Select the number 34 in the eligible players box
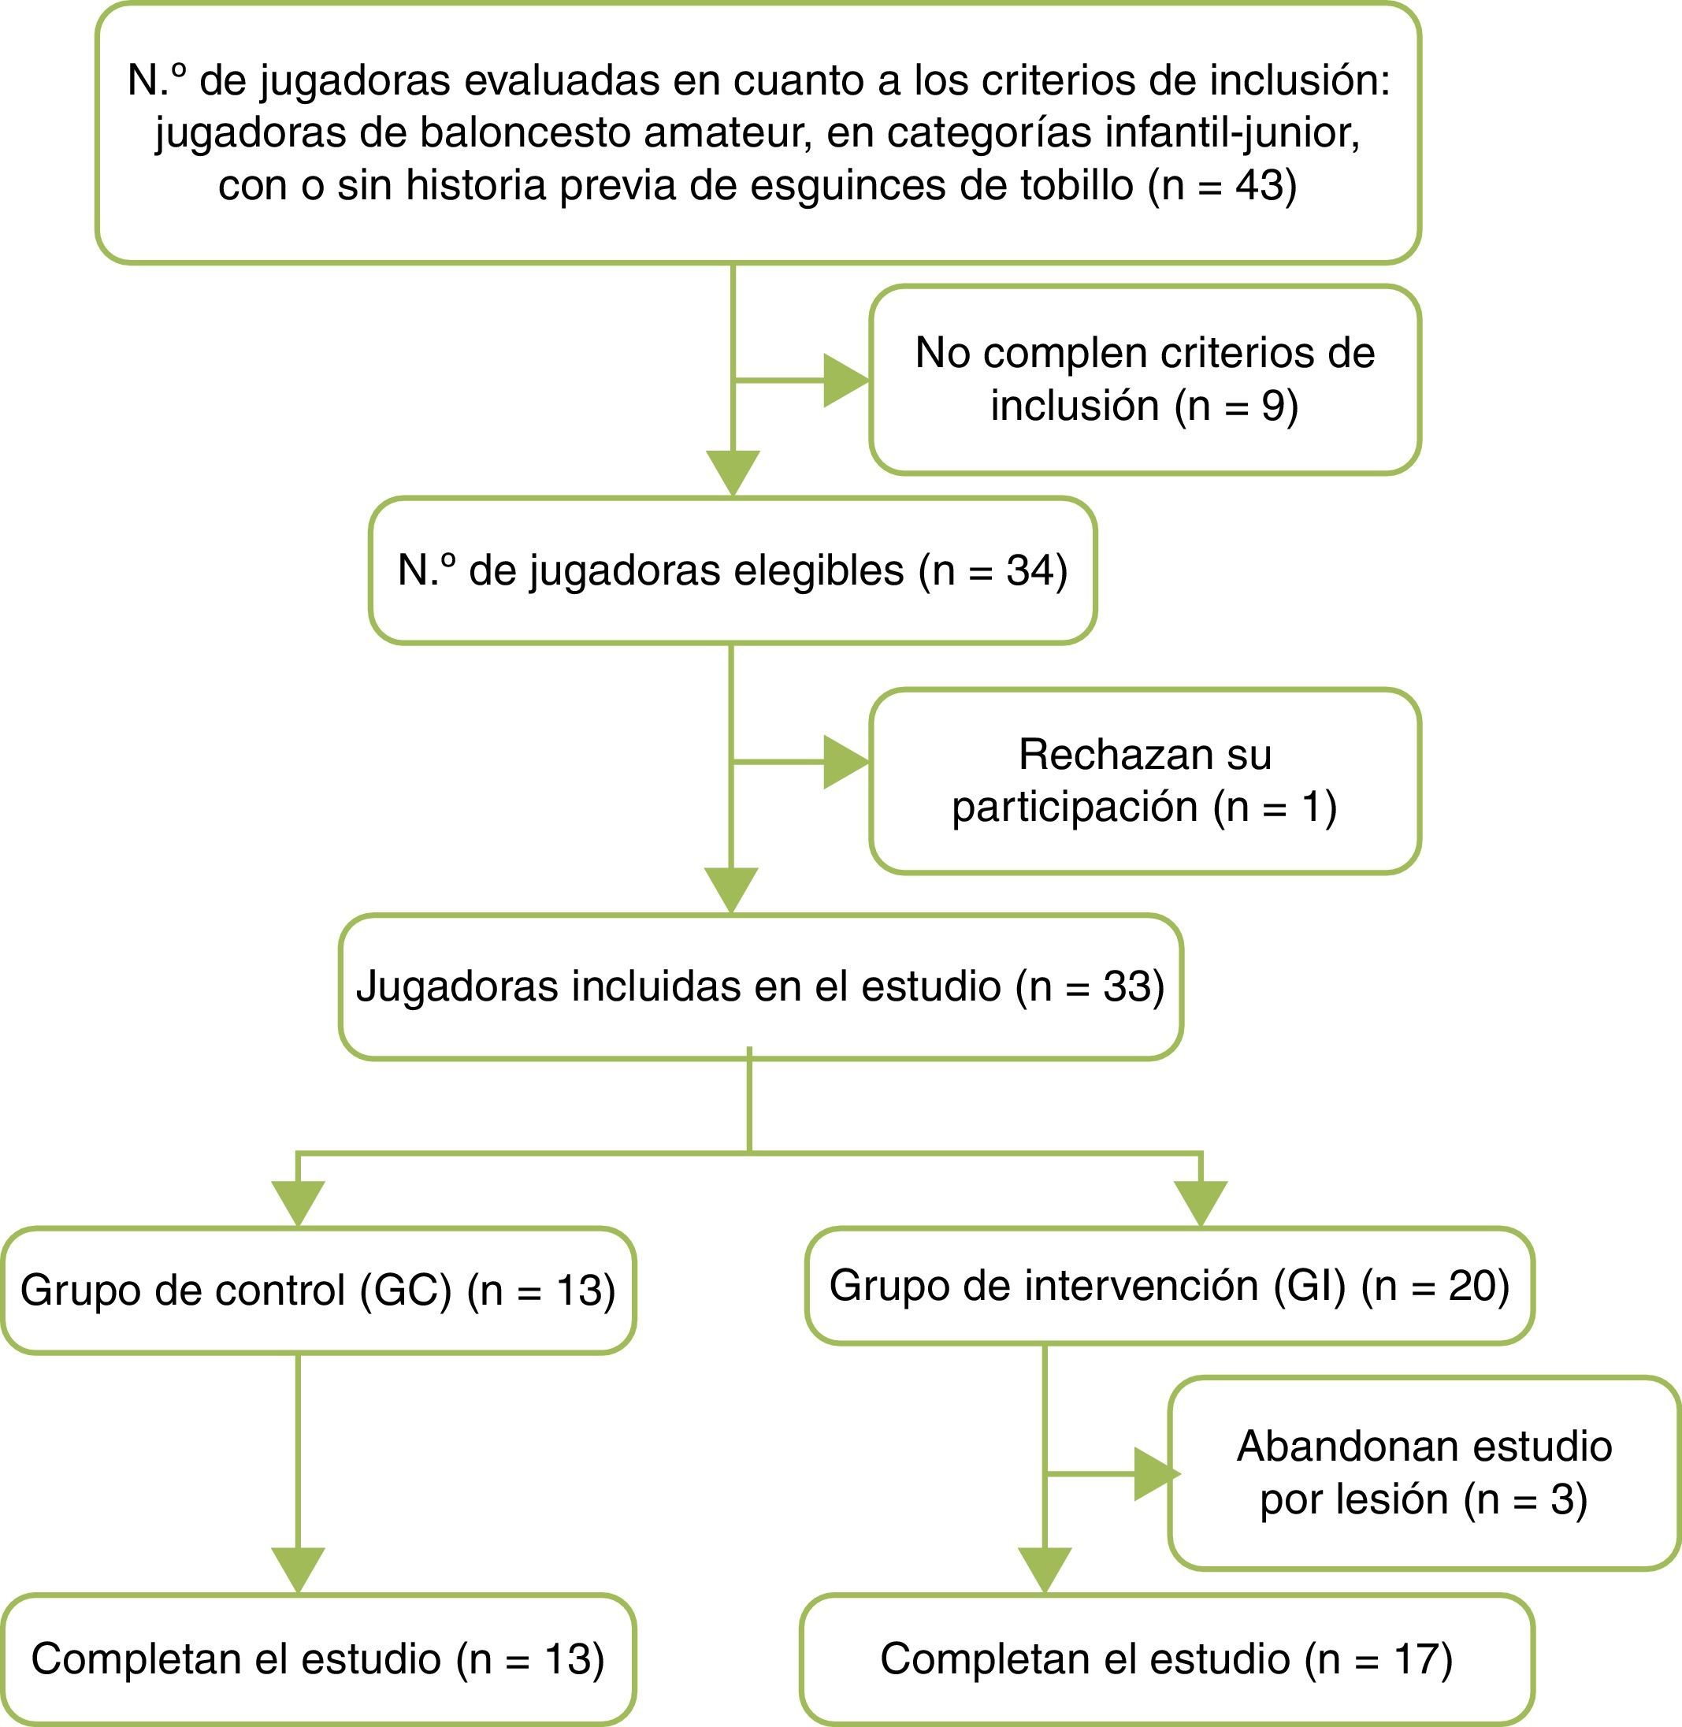point(1029,570)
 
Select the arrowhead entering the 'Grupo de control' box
point(299,1203)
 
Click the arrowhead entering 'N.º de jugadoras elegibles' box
point(733,473)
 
